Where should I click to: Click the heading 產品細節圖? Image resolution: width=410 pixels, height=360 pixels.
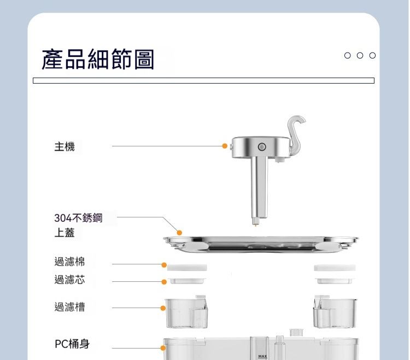click(x=98, y=60)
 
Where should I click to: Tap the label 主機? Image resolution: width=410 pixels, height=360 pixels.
click(x=65, y=146)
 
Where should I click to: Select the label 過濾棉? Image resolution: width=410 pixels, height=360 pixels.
click(x=69, y=262)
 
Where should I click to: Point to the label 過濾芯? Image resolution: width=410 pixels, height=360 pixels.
click(x=69, y=280)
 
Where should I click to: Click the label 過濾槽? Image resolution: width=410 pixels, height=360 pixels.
click(x=69, y=306)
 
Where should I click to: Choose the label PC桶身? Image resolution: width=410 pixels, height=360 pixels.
click(x=72, y=344)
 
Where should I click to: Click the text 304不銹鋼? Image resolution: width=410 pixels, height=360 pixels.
click(x=78, y=218)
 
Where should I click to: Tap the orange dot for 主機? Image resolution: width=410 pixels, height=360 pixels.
click(x=225, y=146)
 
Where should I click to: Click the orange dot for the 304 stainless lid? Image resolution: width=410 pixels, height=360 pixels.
click(x=179, y=233)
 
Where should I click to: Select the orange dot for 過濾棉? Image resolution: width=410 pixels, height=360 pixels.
click(x=164, y=265)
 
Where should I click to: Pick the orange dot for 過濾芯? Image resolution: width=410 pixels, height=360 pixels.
click(x=164, y=282)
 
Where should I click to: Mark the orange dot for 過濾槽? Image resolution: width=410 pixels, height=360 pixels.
click(x=163, y=308)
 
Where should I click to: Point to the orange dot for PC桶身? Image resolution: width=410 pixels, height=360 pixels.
click(x=163, y=348)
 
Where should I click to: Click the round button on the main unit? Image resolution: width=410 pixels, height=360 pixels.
click(x=262, y=147)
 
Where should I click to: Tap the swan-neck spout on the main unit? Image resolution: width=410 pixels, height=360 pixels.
click(x=296, y=134)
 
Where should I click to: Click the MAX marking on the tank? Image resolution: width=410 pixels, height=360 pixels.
click(x=262, y=356)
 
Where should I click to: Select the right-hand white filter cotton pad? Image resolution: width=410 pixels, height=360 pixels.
click(x=335, y=268)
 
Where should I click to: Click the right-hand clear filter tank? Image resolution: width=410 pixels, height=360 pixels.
click(x=335, y=312)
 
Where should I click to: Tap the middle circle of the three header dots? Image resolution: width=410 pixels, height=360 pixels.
click(x=360, y=55)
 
